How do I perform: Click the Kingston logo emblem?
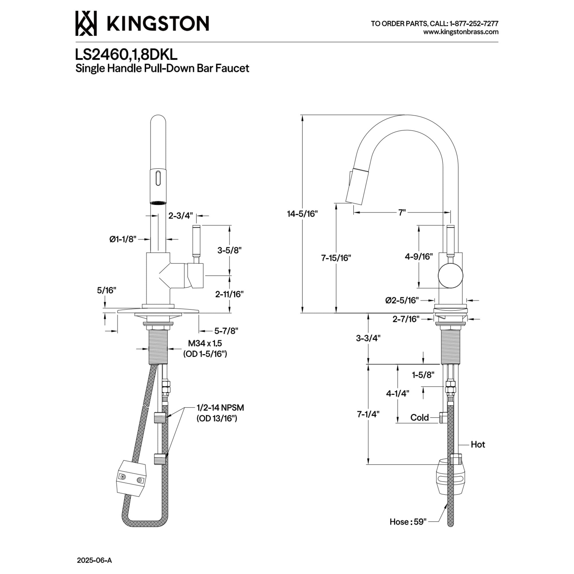(86, 24)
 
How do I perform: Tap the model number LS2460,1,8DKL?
(126, 55)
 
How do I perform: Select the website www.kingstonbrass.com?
(461, 32)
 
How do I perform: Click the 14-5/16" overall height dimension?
(302, 214)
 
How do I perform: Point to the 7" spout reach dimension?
(402, 212)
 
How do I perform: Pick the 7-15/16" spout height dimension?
(336, 258)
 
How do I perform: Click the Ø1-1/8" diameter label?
(123, 239)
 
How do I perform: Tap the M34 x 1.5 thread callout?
(205, 343)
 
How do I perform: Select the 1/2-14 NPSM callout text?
(220, 408)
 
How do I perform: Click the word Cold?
(420, 417)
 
